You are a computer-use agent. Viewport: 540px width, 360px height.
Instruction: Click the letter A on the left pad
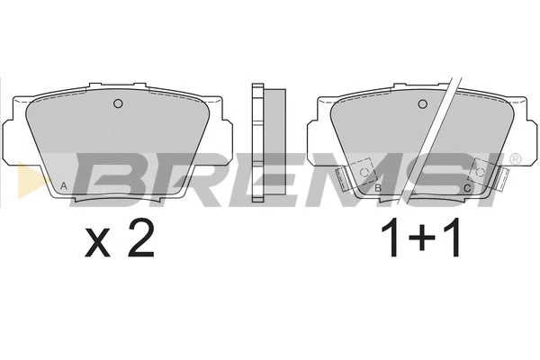coord(62,187)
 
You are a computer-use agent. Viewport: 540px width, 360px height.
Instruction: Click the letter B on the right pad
coord(378,187)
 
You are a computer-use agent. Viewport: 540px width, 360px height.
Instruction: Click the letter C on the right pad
coord(466,187)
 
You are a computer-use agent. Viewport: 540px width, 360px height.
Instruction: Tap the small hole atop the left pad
coord(117,103)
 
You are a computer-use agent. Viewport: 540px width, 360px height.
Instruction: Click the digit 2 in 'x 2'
coord(139,241)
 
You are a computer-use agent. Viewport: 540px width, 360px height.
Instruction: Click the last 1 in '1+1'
coord(454,241)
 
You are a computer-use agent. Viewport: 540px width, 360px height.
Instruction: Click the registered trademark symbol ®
coord(514,159)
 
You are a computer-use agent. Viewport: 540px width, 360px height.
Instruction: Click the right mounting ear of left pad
coord(224,135)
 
